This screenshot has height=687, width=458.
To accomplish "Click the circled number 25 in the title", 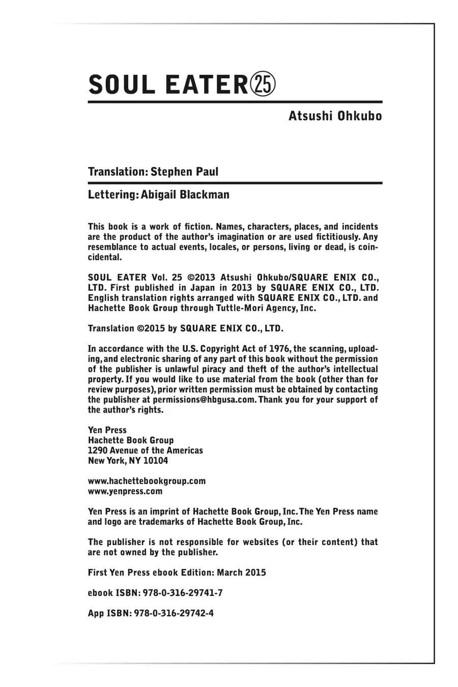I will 263,84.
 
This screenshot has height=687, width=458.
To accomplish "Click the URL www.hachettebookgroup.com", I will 147,481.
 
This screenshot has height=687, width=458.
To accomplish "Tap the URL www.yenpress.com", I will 125,491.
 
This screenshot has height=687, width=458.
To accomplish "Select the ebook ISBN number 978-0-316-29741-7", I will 178,593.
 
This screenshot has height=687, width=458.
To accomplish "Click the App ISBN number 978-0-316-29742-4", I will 174,613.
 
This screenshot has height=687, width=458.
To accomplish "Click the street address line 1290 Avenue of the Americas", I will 145,450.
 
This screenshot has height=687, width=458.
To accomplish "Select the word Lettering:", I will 111,195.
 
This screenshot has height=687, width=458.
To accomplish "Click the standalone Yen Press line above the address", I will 107,430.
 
